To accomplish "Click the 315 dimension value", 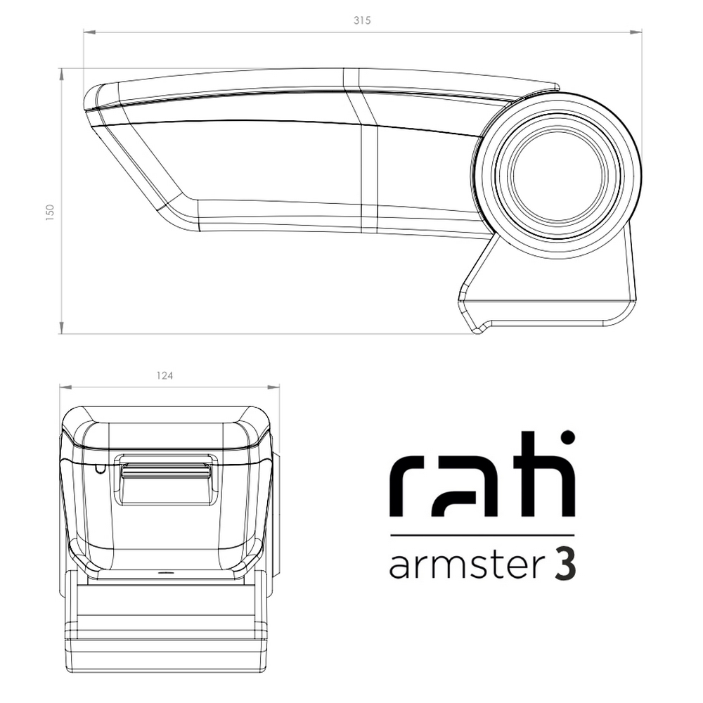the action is [362, 20].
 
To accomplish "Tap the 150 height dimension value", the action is [50, 212].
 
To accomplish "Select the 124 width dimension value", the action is [165, 375].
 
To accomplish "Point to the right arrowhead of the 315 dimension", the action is [636, 32].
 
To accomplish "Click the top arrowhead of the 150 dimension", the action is [61, 75].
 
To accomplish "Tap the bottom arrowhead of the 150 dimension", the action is [61, 328].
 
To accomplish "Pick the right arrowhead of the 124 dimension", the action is [273, 387].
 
